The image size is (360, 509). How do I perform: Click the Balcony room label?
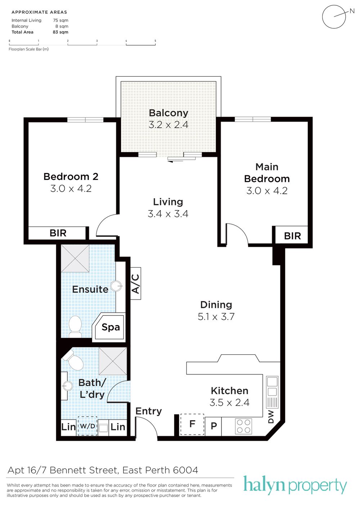tap(168, 113)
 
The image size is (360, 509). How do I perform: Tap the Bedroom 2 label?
tap(71, 177)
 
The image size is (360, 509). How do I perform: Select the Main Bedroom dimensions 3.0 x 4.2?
tap(267, 191)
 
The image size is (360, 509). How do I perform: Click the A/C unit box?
tap(136, 283)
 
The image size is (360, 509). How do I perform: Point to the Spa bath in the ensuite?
tap(109, 327)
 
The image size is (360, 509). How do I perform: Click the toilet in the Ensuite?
tap(75, 327)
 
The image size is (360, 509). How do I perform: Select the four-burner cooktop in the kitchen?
tap(244, 426)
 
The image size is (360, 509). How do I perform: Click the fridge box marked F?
tap(192, 424)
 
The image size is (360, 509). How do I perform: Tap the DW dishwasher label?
tap(271, 417)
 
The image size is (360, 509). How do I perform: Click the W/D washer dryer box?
tap(87, 426)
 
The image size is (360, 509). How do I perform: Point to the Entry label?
tap(149, 411)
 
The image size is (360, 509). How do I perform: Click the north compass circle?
tap(334, 17)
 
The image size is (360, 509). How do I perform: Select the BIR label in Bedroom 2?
tap(58, 233)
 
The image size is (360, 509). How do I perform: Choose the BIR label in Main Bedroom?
tap(292, 236)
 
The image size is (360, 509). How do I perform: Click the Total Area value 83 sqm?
tap(60, 32)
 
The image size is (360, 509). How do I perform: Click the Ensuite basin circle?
tap(116, 286)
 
